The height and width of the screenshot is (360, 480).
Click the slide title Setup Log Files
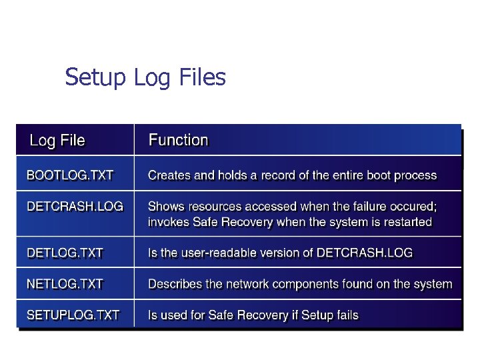[x=145, y=78]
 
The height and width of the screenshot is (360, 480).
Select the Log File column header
[x=57, y=141]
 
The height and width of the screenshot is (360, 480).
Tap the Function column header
[x=178, y=140]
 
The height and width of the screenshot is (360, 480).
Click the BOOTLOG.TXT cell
[x=70, y=176]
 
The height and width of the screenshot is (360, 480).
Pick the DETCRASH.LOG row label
[x=75, y=207]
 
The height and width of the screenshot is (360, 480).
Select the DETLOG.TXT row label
[x=65, y=253]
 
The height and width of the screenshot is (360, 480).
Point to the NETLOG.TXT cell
[x=65, y=284]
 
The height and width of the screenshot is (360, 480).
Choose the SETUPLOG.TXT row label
[x=73, y=315]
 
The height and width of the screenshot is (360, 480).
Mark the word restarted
[x=407, y=223]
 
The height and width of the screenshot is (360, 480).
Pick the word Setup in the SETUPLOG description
[x=316, y=315]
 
